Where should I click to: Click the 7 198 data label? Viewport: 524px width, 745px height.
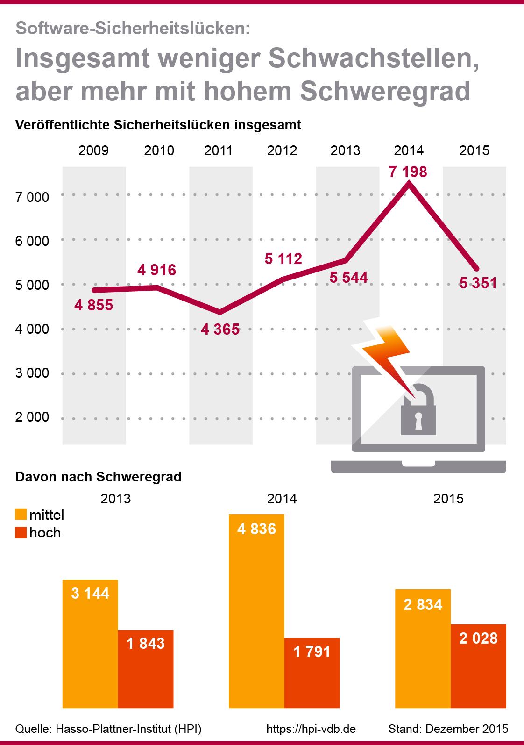coord(408,172)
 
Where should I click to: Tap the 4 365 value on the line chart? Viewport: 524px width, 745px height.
coord(220,330)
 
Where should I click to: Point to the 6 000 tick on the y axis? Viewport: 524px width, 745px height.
coord(32,241)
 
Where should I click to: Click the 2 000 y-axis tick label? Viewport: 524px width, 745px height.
coord(32,417)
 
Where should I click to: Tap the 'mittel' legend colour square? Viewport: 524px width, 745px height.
coord(21,515)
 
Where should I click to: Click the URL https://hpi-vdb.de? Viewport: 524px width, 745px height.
coord(311,729)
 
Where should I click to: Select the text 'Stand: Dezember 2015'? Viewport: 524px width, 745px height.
coord(448,729)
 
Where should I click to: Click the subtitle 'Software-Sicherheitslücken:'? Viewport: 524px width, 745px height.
coord(133,29)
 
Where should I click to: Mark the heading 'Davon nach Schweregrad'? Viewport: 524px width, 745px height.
coord(99,477)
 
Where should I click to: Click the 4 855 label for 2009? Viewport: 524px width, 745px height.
coord(94,306)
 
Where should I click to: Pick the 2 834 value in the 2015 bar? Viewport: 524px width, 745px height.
coord(423,605)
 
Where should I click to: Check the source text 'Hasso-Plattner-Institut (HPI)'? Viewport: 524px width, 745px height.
coord(128,729)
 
